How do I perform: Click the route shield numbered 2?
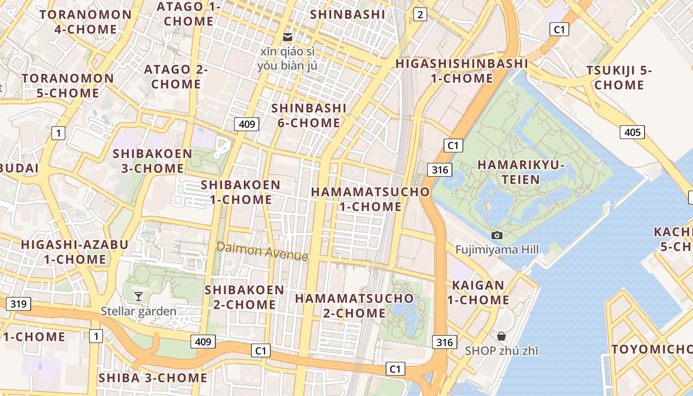[420, 15]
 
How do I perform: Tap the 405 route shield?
[632, 132]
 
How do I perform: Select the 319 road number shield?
[18, 304]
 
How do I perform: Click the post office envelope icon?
[287, 37]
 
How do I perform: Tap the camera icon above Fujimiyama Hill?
[497, 235]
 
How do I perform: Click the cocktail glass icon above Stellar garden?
[139, 296]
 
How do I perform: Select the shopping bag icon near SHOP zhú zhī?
[501, 336]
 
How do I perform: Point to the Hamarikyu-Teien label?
[521, 172]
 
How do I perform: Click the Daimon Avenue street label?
[262, 251]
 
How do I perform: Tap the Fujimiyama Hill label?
[497, 249]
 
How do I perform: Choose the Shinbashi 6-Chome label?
[309, 115]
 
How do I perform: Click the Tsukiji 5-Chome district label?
[619, 78]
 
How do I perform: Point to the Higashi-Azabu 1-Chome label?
[74, 251]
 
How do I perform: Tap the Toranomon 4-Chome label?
[86, 22]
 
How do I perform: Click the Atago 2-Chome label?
[176, 77]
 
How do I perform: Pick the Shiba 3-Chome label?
[153, 378]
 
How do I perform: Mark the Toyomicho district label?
[651, 349]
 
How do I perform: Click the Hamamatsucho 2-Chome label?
[354, 305]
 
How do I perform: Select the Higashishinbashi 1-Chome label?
[462, 71]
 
